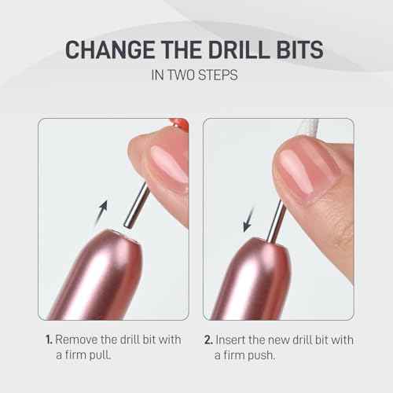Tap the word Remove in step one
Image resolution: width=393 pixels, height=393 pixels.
[x=82, y=340]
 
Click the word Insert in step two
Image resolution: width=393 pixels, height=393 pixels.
[x=240, y=340]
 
